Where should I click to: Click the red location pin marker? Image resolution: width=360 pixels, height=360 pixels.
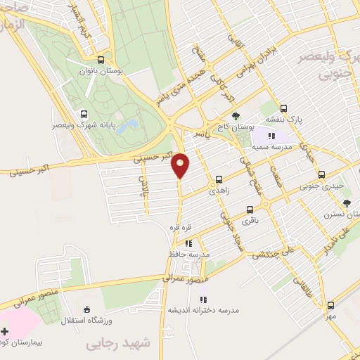(181, 165)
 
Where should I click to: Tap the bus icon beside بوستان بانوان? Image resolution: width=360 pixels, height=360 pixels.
(101, 60)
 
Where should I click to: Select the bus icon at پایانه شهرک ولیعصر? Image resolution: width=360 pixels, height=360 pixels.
(84, 114)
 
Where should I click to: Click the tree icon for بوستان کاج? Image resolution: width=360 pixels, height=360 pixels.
(235, 117)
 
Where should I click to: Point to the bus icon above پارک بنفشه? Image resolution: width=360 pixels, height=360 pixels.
(283, 108)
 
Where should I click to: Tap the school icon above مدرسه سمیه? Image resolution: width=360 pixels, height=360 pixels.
(271, 127)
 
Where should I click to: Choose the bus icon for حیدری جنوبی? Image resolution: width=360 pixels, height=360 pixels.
(322, 174)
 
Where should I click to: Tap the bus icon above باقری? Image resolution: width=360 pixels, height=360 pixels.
(250, 210)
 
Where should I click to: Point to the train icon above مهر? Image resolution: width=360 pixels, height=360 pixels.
(330, 306)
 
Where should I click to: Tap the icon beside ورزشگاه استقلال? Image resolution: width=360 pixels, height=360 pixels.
(87, 309)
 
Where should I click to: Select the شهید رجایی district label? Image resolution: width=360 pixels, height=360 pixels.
(118, 343)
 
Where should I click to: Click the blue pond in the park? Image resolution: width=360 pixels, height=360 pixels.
(128, 127)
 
